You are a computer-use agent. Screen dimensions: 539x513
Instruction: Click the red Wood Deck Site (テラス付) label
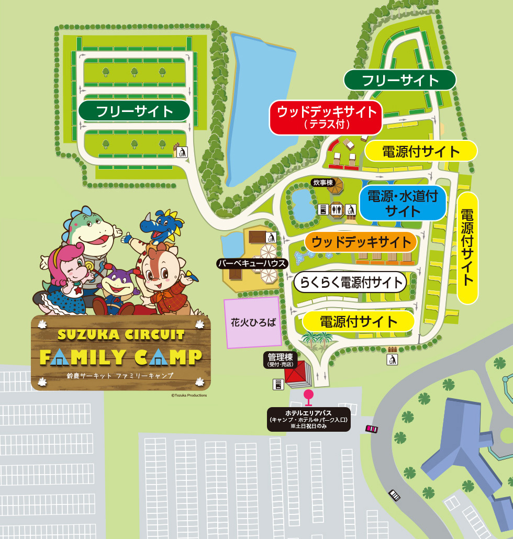pos(326,117)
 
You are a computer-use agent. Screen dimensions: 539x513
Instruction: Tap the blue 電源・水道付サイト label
pos(403,203)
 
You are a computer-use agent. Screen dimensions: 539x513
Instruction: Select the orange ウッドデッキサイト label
pos(361,242)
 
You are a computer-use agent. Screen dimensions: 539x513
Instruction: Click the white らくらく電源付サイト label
pos(350,283)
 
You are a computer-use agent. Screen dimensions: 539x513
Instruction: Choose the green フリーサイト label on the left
pos(134,111)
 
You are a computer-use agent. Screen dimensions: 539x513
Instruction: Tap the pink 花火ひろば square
pos(253,322)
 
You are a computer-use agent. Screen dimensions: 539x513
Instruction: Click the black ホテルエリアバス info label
pos(309,420)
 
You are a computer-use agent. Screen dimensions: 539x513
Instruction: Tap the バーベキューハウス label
pos(253,263)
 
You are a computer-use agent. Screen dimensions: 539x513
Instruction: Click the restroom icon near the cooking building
pos(338,210)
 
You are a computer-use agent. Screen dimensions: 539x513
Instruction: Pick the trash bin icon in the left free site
pos(182,152)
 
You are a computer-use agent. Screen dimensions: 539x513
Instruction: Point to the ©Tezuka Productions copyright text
pos(188,396)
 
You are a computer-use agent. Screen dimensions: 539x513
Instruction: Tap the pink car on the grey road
pos(372,429)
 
